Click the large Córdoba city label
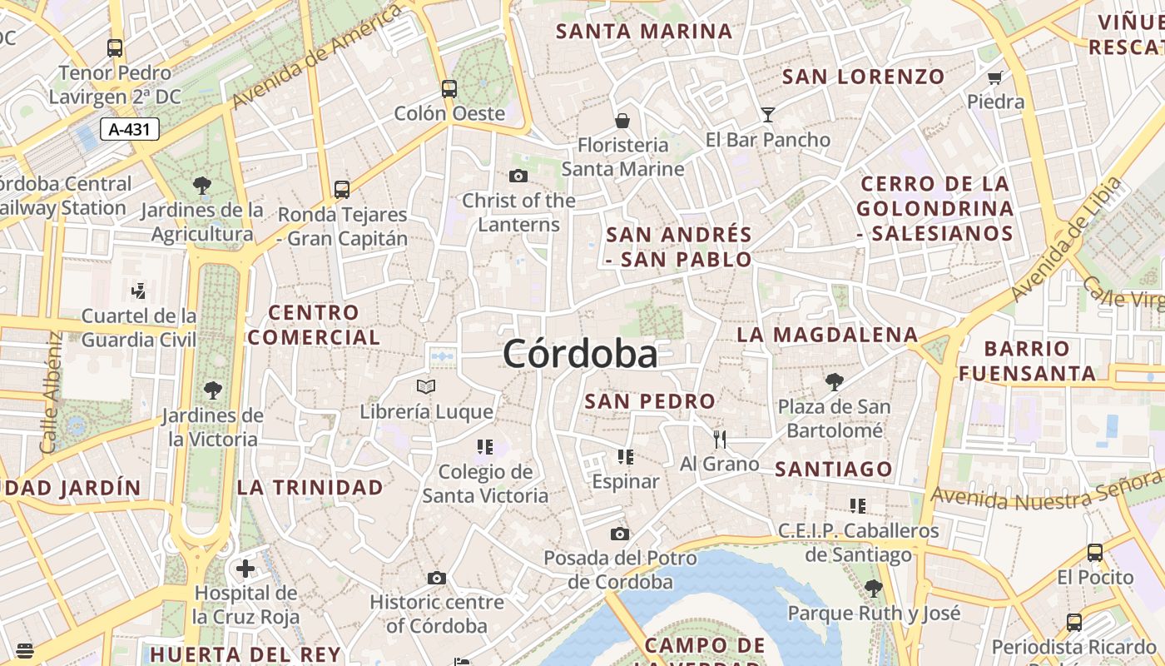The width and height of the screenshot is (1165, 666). point(580,355)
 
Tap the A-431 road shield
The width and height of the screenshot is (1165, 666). point(130,129)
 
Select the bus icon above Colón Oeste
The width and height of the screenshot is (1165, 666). point(449,88)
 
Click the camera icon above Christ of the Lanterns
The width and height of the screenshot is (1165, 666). point(518,176)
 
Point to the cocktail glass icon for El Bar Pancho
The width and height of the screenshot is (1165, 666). point(767,115)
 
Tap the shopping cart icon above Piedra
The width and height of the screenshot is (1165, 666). point(994,78)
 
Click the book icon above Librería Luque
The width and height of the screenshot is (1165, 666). point(426,386)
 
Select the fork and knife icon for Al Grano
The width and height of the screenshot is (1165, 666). point(720,439)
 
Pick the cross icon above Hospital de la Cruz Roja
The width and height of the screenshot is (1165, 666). point(245,569)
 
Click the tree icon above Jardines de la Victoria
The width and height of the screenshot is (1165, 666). point(213,390)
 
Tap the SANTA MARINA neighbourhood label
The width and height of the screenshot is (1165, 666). point(644,32)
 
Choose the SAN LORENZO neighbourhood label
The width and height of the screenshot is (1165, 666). point(864,77)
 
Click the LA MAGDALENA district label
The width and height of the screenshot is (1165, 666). point(827,335)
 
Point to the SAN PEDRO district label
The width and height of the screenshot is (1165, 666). point(650,401)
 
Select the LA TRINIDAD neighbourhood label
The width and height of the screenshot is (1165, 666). point(310,487)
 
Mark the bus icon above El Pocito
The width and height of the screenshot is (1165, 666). point(1095,553)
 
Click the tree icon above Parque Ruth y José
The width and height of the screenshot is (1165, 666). point(873,589)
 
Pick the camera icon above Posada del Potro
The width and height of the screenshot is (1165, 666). point(620,534)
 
